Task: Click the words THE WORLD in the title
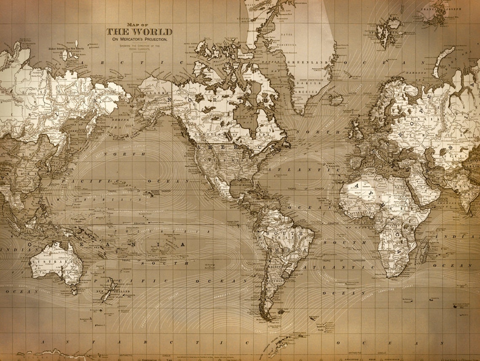click(139, 32)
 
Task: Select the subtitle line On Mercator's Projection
click(139, 39)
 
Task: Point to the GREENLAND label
click(304, 62)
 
